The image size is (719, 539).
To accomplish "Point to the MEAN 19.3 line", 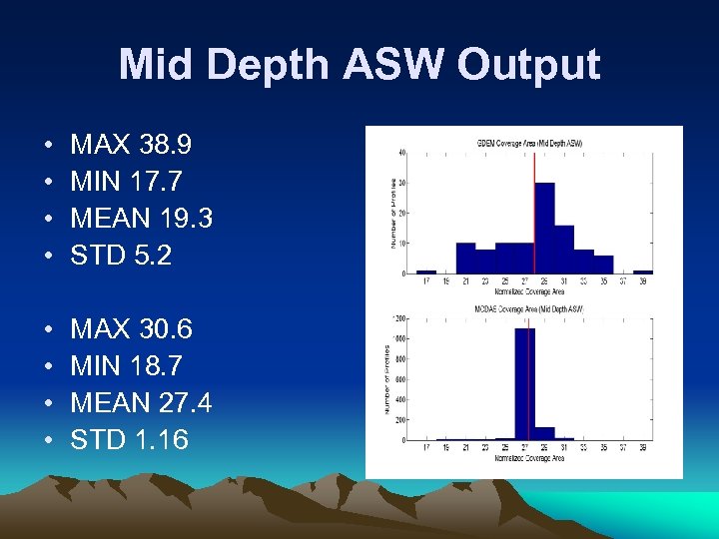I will point(141,219).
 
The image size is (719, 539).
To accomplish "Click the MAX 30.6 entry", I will point(131,329).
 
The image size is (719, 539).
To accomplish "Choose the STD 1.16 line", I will point(129,440).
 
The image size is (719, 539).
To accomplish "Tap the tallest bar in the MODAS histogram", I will point(524,384).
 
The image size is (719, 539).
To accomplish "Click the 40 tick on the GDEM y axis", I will point(401,153).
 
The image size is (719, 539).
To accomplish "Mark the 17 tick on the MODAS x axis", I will point(426,449).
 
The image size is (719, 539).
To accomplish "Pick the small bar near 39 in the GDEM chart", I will point(642,271).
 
